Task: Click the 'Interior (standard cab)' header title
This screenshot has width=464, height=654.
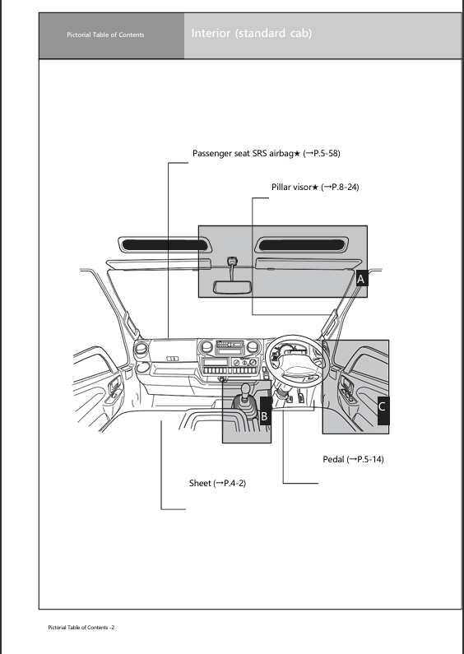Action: [x=251, y=34]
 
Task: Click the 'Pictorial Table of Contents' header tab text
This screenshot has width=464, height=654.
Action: [x=105, y=35]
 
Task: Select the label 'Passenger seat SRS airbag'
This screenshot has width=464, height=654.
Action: [x=244, y=153]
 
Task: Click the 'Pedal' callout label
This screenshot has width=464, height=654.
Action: [x=333, y=459]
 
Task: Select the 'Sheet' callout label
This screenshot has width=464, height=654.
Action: [x=201, y=482]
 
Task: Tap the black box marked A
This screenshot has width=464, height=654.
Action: [x=361, y=280]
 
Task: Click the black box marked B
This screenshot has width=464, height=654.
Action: [x=264, y=416]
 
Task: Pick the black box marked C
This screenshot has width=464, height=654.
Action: [x=383, y=405]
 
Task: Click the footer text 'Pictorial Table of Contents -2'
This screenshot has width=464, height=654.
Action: [x=80, y=628]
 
